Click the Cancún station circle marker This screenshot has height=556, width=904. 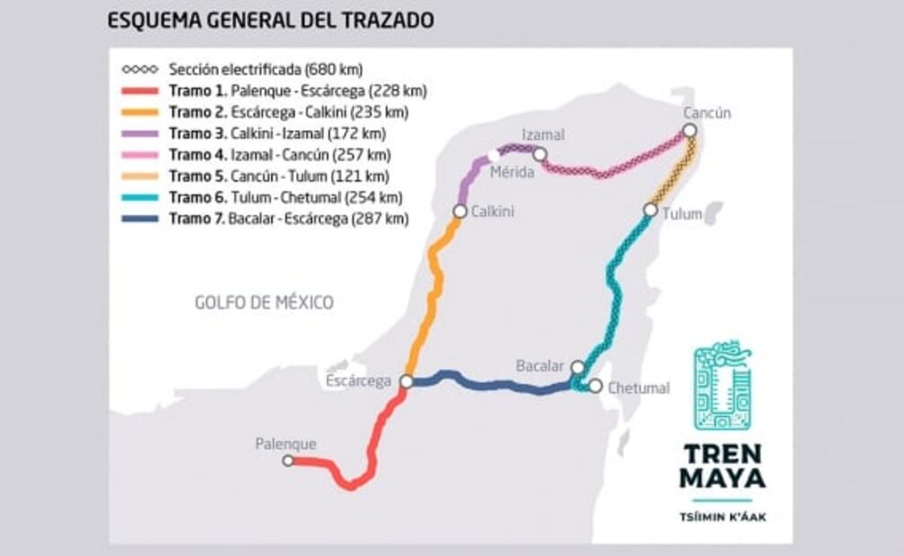[x=689, y=131]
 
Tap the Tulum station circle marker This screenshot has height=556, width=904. [x=650, y=210]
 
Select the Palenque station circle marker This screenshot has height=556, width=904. [x=288, y=461]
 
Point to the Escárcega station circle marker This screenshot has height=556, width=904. [x=406, y=381]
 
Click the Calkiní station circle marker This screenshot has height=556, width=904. [x=460, y=212]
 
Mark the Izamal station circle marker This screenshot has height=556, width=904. [x=540, y=154]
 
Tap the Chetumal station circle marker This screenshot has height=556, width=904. [x=595, y=386]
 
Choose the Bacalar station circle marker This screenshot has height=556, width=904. [x=578, y=367]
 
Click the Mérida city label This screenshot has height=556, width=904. [x=513, y=171]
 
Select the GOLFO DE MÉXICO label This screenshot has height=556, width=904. [x=264, y=303]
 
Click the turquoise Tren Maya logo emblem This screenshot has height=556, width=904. [x=723, y=386]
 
